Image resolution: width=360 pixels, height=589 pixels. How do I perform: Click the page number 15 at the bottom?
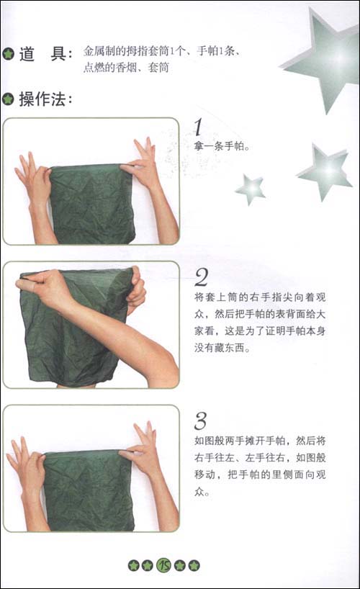[163, 565]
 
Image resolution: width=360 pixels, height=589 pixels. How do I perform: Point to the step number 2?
[202, 276]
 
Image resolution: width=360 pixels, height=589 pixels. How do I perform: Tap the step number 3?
[202, 421]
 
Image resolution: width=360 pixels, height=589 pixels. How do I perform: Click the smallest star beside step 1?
[250, 189]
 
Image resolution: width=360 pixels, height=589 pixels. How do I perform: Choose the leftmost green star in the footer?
[133, 565]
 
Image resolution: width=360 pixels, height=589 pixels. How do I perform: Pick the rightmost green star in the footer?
[194, 565]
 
